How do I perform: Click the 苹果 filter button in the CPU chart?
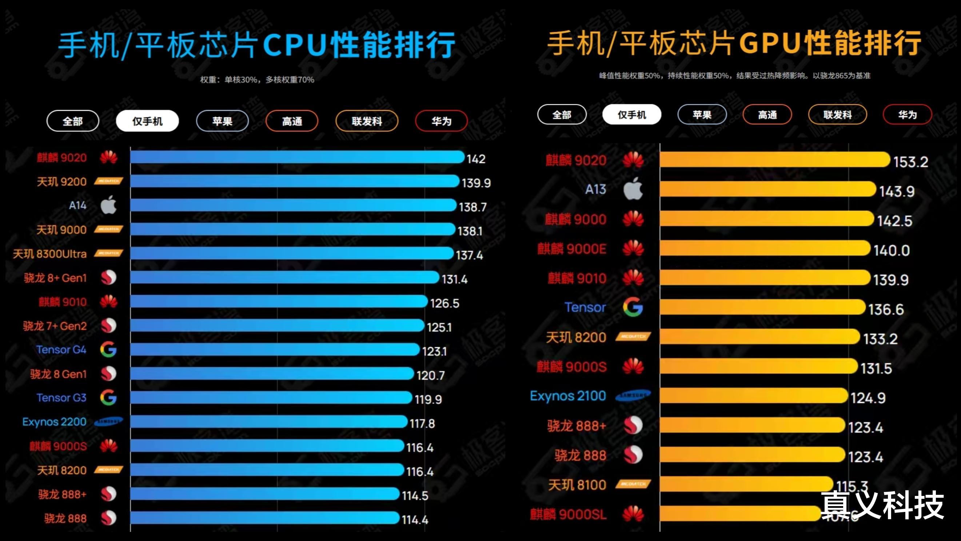[222, 121]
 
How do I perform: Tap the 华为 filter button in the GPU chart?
[907, 115]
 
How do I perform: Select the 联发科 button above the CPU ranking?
[367, 121]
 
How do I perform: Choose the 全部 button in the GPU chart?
[562, 115]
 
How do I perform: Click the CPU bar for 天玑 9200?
[295, 181]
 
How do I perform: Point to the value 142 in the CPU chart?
[476, 159]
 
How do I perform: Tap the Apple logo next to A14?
[108, 205]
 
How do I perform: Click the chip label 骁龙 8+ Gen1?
[55, 278]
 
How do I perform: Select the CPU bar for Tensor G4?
[275, 350]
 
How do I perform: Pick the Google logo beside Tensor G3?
[108, 397]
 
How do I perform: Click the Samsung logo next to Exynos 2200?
[108, 422]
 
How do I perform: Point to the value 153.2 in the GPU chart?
[910, 162]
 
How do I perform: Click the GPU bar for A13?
[767, 189]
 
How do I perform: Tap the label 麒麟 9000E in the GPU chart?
[571, 249]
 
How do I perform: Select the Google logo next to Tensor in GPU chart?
[633, 307]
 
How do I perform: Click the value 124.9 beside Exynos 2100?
[868, 398]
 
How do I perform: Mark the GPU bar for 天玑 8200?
[759, 337]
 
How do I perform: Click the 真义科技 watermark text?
[882, 505]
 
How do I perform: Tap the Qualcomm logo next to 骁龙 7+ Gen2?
[108, 326]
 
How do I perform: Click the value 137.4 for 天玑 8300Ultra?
[469, 255]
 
